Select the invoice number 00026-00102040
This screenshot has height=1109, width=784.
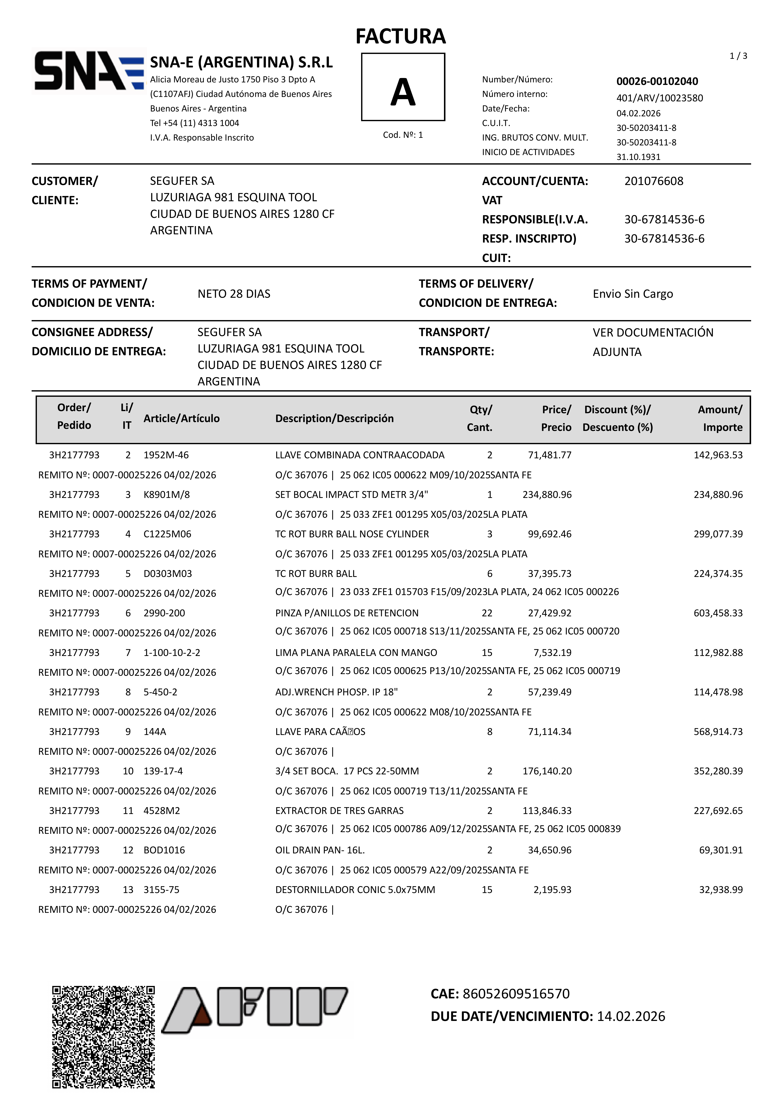657,81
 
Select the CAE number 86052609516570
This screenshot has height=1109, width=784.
516,994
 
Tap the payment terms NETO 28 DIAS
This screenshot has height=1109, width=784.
234,294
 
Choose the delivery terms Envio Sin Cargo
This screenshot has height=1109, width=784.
633,294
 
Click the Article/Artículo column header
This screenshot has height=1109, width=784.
181,418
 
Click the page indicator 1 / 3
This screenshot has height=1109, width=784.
738,56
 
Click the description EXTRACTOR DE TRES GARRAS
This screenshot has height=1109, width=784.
339,810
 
